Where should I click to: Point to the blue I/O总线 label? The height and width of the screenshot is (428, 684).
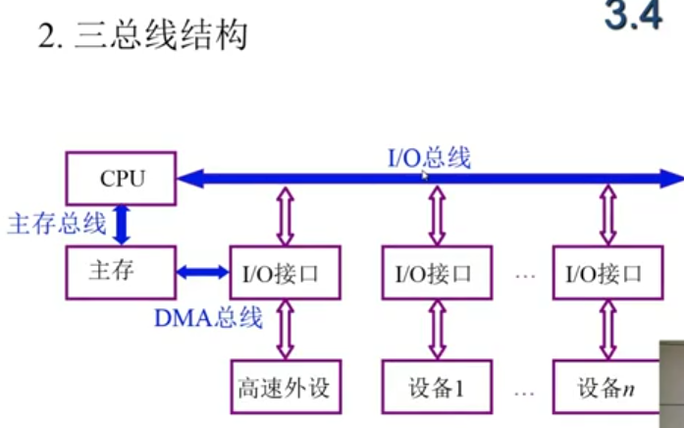[429, 157]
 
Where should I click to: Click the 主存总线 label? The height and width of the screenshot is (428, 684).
[56, 224]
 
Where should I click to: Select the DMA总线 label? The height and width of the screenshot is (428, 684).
[208, 317]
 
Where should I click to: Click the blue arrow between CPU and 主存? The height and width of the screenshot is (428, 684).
[122, 225]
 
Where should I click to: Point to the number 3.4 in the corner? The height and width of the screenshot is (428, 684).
[635, 17]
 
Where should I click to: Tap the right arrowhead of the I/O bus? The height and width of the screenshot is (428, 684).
[674, 179]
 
